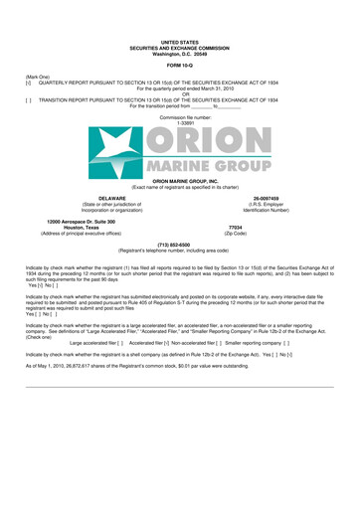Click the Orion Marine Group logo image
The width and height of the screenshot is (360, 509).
(180, 165)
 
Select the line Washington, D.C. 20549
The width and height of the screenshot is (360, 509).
(180, 53)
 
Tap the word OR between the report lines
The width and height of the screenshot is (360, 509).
(180, 96)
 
